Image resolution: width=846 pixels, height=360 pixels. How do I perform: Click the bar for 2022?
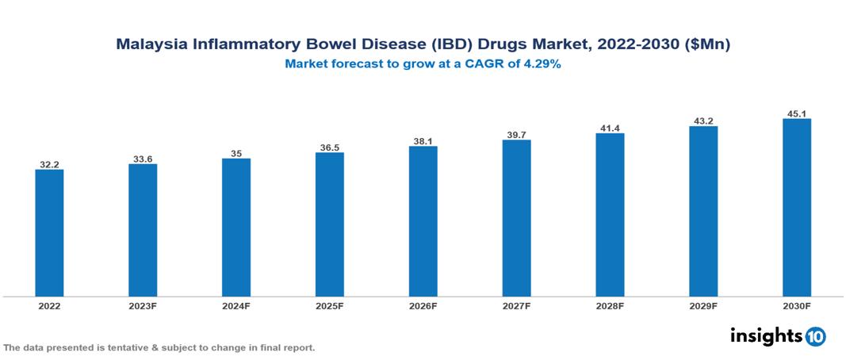(x=49, y=233)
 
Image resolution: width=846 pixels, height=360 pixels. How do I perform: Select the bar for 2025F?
(x=329, y=224)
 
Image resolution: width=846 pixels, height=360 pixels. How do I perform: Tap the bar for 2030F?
(x=796, y=208)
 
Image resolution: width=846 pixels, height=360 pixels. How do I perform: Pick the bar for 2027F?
(x=516, y=218)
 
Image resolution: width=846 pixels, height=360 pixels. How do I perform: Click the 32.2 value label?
(x=49, y=164)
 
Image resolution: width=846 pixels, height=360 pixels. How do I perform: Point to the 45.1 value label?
(x=796, y=113)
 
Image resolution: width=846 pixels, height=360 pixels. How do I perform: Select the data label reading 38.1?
(x=423, y=141)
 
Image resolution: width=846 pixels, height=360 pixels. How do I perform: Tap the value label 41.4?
(x=610, y=128)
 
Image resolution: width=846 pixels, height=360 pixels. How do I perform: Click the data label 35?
(x=235, y=153)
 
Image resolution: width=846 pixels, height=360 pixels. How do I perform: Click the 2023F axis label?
(x=143, y=305)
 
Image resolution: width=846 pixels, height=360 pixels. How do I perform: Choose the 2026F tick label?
(x=423, y=305)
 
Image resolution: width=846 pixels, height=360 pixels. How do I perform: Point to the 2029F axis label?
(x=703, y=305)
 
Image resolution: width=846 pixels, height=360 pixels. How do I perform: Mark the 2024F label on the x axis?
(x=235, y=305)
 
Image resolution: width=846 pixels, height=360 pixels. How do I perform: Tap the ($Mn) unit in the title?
(x=706, y=45)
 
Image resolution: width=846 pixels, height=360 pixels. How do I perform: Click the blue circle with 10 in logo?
(x=815, y=336)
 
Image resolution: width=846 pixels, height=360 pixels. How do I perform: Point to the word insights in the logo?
(x=766, y=335)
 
